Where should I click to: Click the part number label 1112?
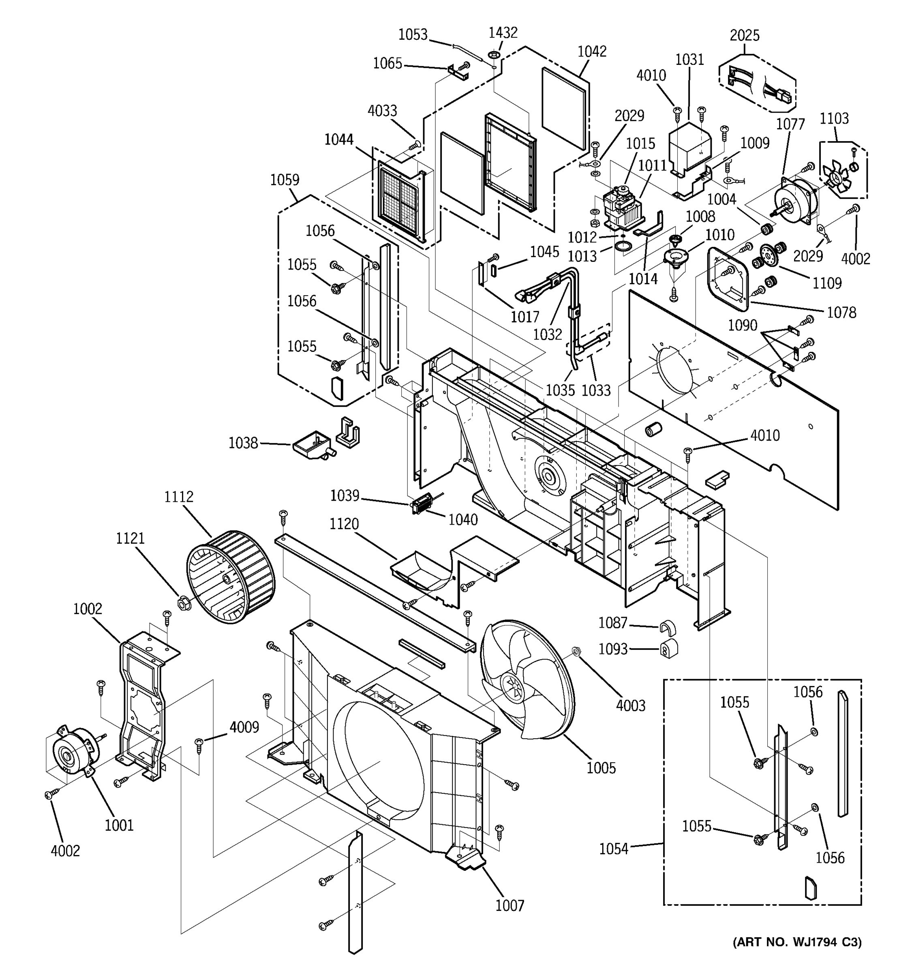179,497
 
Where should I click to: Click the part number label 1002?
88,609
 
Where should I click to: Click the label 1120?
344,524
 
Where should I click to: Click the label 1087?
612,623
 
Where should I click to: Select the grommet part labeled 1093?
667,649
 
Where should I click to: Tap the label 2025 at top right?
745,35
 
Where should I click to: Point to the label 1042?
592,51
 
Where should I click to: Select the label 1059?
285,180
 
